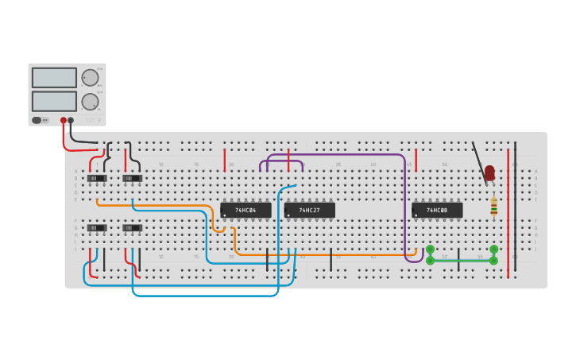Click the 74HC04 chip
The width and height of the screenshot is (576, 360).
[245, 211]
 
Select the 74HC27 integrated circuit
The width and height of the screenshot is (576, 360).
[309, 211]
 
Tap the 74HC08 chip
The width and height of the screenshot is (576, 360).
[437, 211]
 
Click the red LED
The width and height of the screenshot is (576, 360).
[489, 172]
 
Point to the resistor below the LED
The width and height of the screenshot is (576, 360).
[493, 207]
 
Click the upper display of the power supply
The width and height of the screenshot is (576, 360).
[54, 78]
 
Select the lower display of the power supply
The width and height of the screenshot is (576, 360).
[54, 102]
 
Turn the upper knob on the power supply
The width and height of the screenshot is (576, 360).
[90, 78]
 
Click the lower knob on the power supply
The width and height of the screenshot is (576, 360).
[90, 102]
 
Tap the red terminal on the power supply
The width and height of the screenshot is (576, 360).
[64, 121]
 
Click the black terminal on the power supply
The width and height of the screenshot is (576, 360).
[71, 121]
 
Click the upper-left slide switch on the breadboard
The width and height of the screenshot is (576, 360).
[97, 178]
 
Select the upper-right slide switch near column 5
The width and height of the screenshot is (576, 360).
[133, 178]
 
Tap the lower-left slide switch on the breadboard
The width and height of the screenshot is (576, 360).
[97, 228]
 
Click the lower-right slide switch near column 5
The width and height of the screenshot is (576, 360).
[133, 228]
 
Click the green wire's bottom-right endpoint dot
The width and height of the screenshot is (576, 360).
[493, 260]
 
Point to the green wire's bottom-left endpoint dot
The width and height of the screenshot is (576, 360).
[431, 260]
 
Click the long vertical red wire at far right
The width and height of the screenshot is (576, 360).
[508, 211]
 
